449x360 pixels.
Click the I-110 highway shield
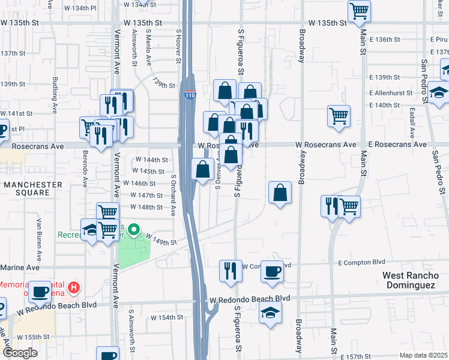click(x=190, y=95)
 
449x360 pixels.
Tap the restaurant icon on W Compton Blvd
click(x=230, y=271)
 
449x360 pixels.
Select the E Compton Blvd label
click(x=361, y=263)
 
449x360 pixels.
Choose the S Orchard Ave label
click(x=173, y=195)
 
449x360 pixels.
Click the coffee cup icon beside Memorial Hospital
click(x=40, y=292)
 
